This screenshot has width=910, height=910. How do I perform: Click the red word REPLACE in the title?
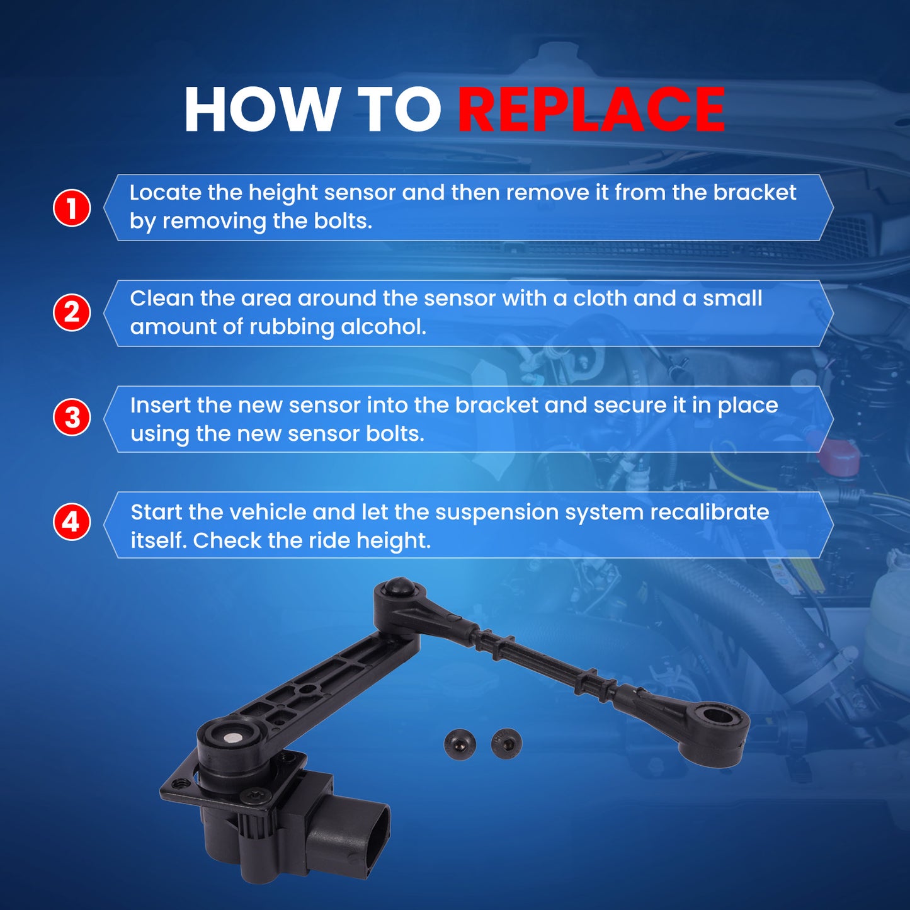pos(591,110)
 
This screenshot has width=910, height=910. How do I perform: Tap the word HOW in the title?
pos(259,110)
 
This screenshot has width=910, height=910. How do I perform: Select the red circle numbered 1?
pos(72,208)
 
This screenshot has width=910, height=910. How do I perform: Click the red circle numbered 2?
pos(72,312)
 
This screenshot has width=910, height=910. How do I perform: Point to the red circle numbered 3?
pos(72,418)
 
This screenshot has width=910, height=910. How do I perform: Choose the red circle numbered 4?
pos(72,523)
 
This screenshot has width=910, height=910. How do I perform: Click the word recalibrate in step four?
pos(710,513)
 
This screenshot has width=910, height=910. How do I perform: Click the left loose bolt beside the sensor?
pos(460,744)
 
